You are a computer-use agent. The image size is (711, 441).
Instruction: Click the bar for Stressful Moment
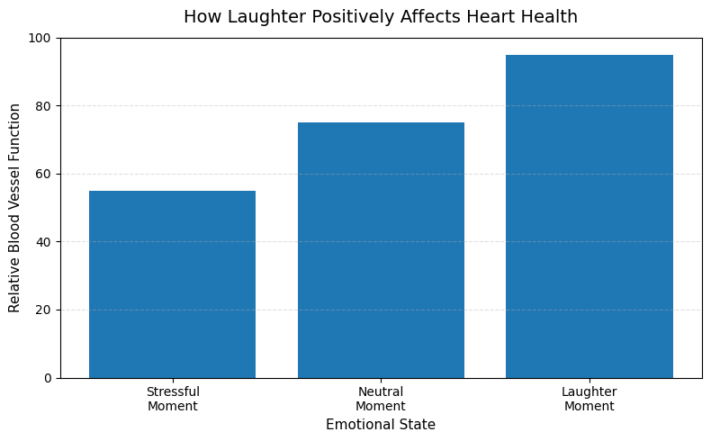click(x=172, y=283)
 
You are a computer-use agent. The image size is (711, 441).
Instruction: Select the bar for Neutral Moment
click(x=381, y=249)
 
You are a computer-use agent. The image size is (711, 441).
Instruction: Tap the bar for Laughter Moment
click(x=589, y=216)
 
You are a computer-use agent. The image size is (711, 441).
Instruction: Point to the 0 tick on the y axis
click(x=48, y=378)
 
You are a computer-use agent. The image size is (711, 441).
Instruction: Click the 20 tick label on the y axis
click(x=44, y=310)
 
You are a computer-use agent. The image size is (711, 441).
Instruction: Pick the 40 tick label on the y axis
click(x=44, y=242)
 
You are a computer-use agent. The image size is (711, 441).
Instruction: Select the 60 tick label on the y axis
click(x=44, y=174)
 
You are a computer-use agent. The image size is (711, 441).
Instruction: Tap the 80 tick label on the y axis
click(x=44, y=106)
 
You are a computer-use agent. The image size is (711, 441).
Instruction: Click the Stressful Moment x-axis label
click(x=172, y=399)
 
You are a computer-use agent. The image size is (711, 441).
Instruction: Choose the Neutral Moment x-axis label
click(x=381, y=399)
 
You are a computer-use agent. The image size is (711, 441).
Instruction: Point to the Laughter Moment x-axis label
click(x=589, y=399)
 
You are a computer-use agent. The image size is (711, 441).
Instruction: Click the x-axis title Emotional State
click(x=381, y=425)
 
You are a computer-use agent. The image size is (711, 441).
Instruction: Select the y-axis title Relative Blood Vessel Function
click(x=14, y=208)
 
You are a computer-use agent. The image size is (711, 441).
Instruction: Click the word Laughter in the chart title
click(x=256, y=17)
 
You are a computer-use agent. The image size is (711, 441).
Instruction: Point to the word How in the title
click(x=200, y=17)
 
